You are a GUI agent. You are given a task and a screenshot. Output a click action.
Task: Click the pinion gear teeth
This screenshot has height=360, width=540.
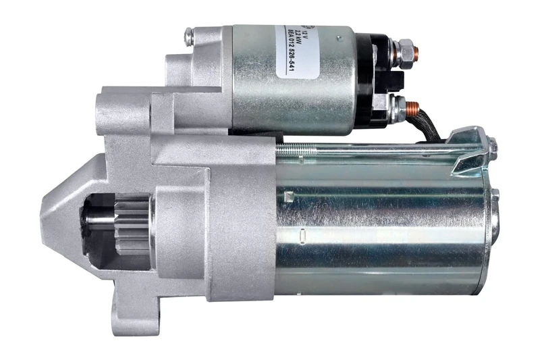tap(131, 224)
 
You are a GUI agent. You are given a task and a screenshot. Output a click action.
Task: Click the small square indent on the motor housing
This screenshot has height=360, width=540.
tap(290, 197)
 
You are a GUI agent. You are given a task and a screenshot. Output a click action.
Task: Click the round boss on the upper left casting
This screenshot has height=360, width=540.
tap(111, 107)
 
